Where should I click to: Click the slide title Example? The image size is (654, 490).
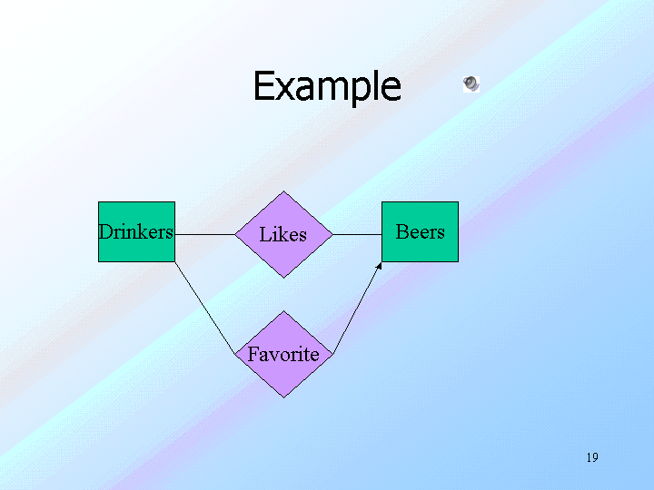point(327,86)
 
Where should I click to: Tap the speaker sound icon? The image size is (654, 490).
point(471,83)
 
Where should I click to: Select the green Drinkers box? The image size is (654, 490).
point(136,231)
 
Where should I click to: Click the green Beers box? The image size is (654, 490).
point(420,231)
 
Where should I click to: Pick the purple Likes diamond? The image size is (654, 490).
point(283,234)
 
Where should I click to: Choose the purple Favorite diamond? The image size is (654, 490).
point(283,354)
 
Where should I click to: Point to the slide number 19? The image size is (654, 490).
point(592,457)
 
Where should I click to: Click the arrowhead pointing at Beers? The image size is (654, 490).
point(379,265)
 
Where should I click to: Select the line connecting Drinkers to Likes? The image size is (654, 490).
point(204,235)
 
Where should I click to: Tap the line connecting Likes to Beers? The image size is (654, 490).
point(358,235)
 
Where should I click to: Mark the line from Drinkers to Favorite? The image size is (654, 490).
point(204,308)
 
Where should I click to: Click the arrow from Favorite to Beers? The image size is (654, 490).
point(358,308)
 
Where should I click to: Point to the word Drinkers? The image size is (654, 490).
point(136,231)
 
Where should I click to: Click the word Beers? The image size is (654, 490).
point(420,231)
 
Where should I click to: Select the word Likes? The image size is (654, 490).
point(282,234)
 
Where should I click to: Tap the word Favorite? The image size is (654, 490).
point(283,354)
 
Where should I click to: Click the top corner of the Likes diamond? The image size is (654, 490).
point(283,191)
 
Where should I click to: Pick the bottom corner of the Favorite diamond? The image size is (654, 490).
point(283,397)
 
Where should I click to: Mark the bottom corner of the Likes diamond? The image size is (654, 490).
point(283,278)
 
